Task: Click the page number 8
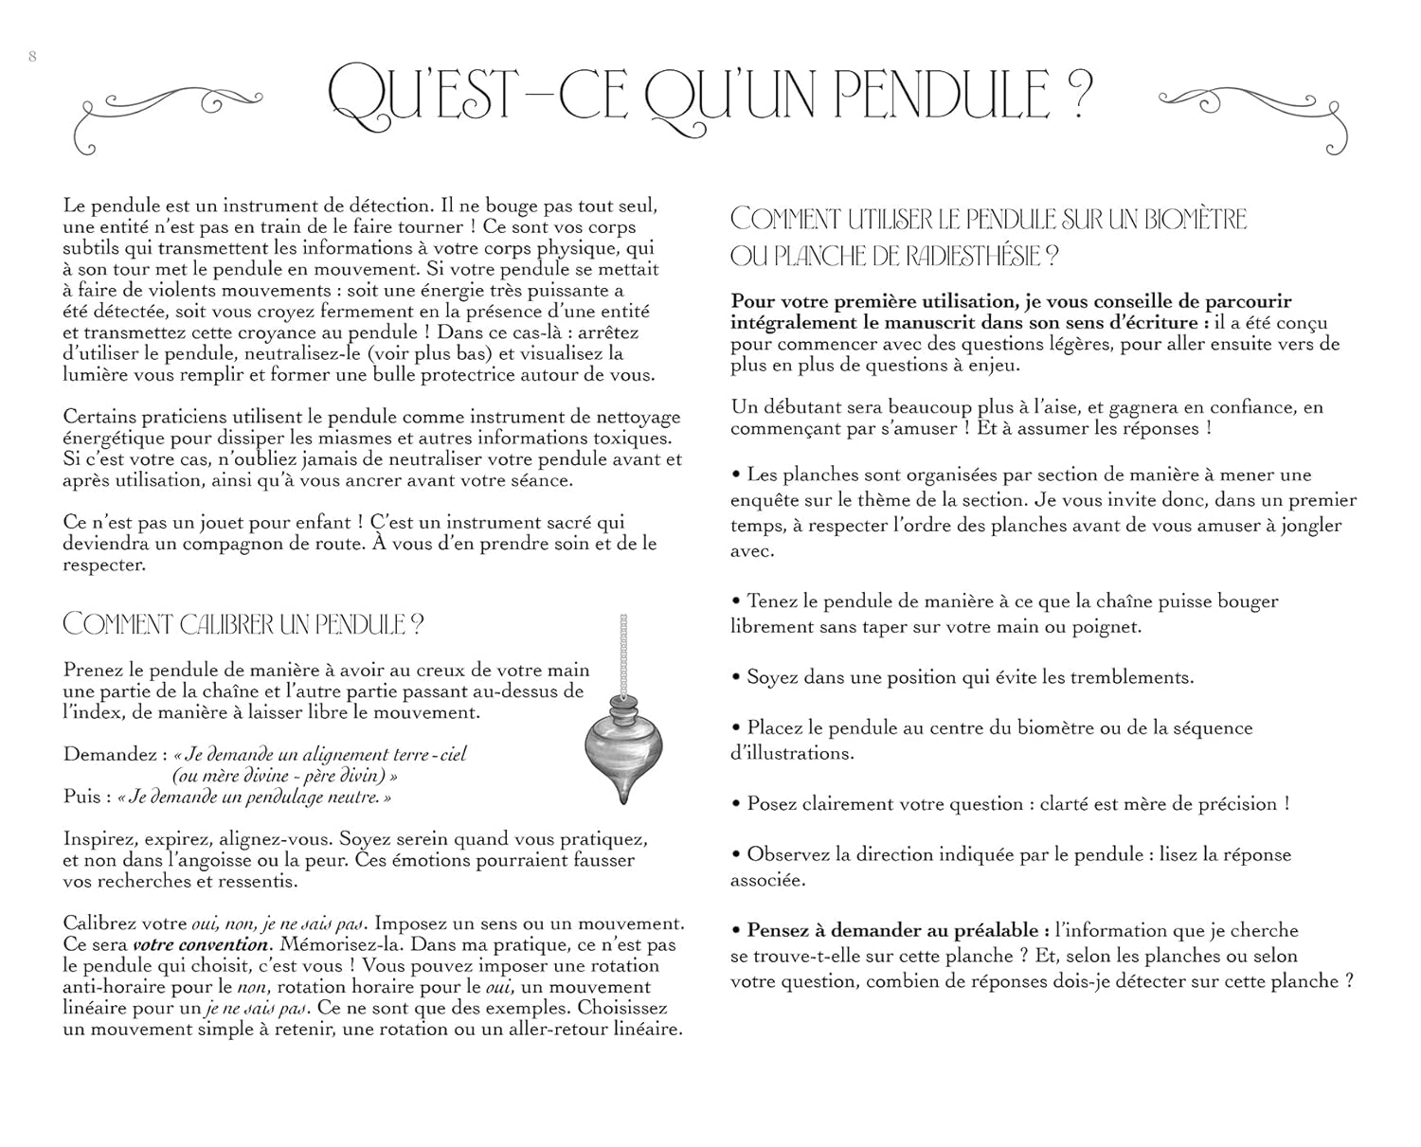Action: point(33,56)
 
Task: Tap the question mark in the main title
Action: point(1077,93)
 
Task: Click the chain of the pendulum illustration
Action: point(623,654)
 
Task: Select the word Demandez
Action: point(107,755)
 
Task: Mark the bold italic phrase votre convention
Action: point(200,944)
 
